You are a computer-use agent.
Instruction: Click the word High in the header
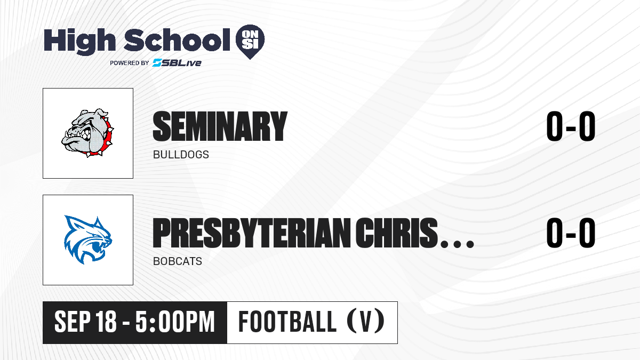(x=79, y=41)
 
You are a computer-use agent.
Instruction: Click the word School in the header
(x=177, y=39)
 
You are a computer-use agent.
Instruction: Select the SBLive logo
(x=177, y=63)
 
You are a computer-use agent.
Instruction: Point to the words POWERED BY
(x=130, y=63)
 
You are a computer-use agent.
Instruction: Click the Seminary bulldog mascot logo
(x=87, y=133)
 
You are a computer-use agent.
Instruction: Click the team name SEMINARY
(x=220, y=126)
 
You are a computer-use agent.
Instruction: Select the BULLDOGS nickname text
(x=181, y=155)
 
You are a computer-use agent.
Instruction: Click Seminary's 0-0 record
(x=571, y=126)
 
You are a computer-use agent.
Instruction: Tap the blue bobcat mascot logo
(x=88, y=239)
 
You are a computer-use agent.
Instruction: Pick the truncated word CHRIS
(x=397, y=233)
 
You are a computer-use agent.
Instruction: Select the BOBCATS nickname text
(x=178, y=261)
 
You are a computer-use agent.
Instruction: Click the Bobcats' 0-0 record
(x=571, y=233)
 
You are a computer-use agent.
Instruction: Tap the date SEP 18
(x=85, y=322)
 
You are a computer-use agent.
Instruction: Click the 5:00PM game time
(x=175, y=322)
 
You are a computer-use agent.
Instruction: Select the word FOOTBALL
(x=287, y=322)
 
